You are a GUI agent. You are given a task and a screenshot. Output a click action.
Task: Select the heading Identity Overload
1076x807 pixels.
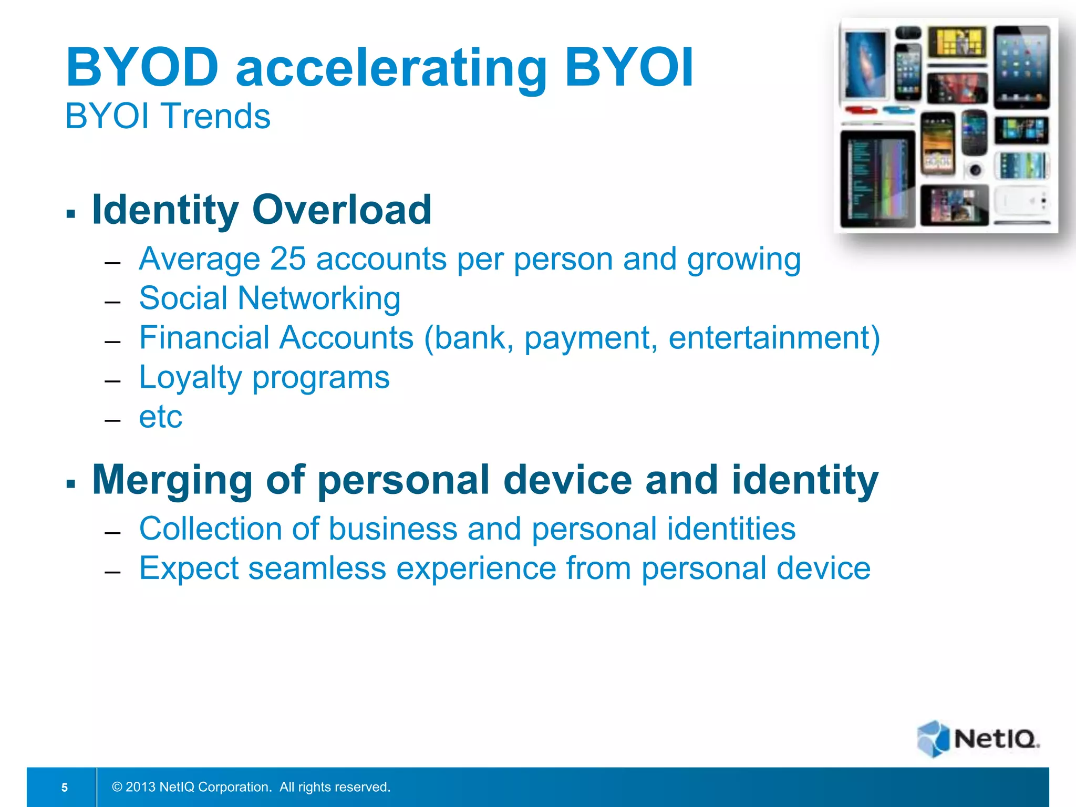(262, 210)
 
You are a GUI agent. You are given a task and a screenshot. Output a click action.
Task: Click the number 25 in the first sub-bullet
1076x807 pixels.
(287, 259)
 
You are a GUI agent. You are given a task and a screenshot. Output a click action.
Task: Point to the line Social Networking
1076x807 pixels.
(270, 298)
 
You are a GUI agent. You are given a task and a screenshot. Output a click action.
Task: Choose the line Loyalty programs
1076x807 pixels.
(264, 377)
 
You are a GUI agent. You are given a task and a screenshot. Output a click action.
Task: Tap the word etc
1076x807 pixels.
(160, 417)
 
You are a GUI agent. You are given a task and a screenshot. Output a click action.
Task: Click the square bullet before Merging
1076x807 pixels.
(71, 483)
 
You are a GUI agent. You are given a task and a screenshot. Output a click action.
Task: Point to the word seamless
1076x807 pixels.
(317, 568)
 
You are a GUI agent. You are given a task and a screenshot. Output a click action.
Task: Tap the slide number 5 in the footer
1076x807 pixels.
(65, 787)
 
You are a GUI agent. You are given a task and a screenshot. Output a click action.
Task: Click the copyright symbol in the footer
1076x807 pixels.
(117, 787)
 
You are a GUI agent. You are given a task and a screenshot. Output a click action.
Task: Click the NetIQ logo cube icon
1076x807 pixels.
(933, 738)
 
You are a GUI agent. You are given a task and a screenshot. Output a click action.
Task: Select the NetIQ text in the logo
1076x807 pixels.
(996, 739)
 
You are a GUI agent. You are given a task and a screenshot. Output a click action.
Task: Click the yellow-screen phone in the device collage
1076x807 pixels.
(957, 43)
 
